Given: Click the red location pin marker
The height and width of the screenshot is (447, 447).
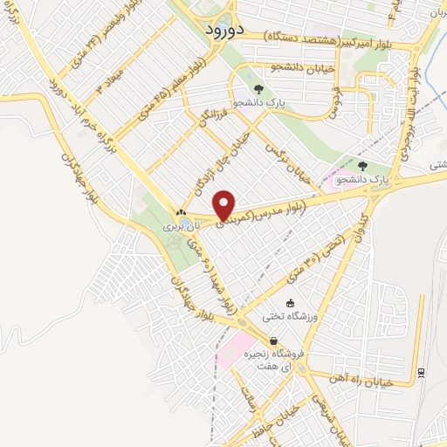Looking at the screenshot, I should [224, 205].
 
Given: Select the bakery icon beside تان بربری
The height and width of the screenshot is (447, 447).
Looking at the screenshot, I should [180, 212].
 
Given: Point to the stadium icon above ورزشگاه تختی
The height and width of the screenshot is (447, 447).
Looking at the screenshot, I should [291, 303].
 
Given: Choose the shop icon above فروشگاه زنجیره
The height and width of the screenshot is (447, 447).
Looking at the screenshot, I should [273, 341].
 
